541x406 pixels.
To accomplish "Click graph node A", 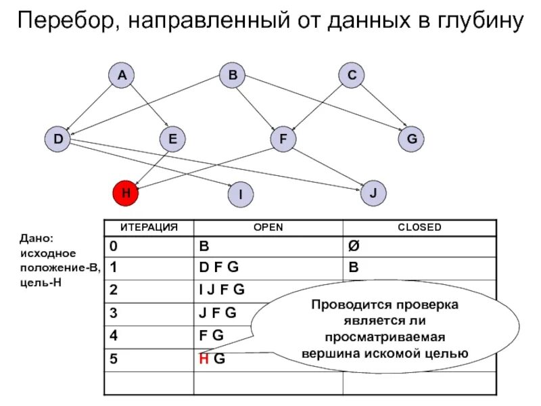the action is (x=122, y=76).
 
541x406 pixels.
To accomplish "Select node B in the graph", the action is (x=232, y=76).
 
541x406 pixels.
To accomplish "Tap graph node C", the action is (x=352, y=76).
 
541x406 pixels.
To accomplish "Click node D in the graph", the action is (x=58, y=139).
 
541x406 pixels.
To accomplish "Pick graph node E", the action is (x=172, y=139).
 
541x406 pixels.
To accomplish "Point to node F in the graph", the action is (x=283, y=139).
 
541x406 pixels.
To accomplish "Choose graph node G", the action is (x=410, y=139).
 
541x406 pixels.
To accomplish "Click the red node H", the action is (x=126, y=193).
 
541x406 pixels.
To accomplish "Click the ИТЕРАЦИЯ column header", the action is (x=149, y=228).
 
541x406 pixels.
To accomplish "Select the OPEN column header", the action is (x=268, y=228).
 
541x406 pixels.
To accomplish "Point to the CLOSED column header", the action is (x=419, y=228).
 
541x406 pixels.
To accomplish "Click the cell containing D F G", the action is (x=218, y=267).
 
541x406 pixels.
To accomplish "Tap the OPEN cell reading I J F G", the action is (x=222, y=290).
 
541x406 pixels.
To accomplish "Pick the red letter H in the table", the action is (x=203, y=359).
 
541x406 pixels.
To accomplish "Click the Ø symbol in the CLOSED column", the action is (x=353, y=245).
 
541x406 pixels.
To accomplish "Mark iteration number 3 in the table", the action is (x=114, y=313).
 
